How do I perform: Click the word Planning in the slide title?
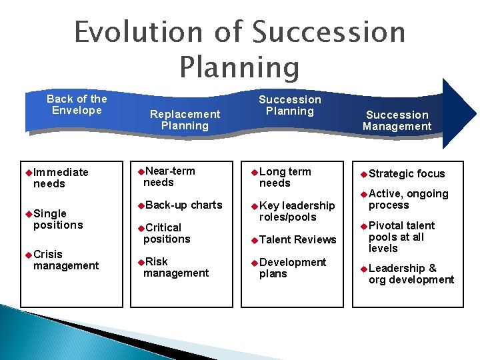(239, 67)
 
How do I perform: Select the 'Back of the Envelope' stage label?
(77, 105)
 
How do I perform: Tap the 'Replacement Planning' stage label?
(185, 120)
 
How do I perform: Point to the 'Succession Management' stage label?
(397, 121)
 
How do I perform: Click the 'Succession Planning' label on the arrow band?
(290, 105)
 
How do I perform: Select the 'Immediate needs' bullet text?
(60, 178)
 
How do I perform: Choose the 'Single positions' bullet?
(57, 219)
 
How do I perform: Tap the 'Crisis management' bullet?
(65, 260)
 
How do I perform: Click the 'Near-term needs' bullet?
(169, 177)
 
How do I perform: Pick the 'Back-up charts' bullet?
(182, 205)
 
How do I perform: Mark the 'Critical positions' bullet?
(167, 233)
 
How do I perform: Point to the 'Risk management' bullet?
(175, 267)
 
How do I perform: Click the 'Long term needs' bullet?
(285, 177)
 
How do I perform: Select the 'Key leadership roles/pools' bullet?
(296, 211)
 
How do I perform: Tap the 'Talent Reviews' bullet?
(297, 239)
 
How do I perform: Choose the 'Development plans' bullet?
(292, 268)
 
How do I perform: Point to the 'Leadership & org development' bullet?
(411, 274)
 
